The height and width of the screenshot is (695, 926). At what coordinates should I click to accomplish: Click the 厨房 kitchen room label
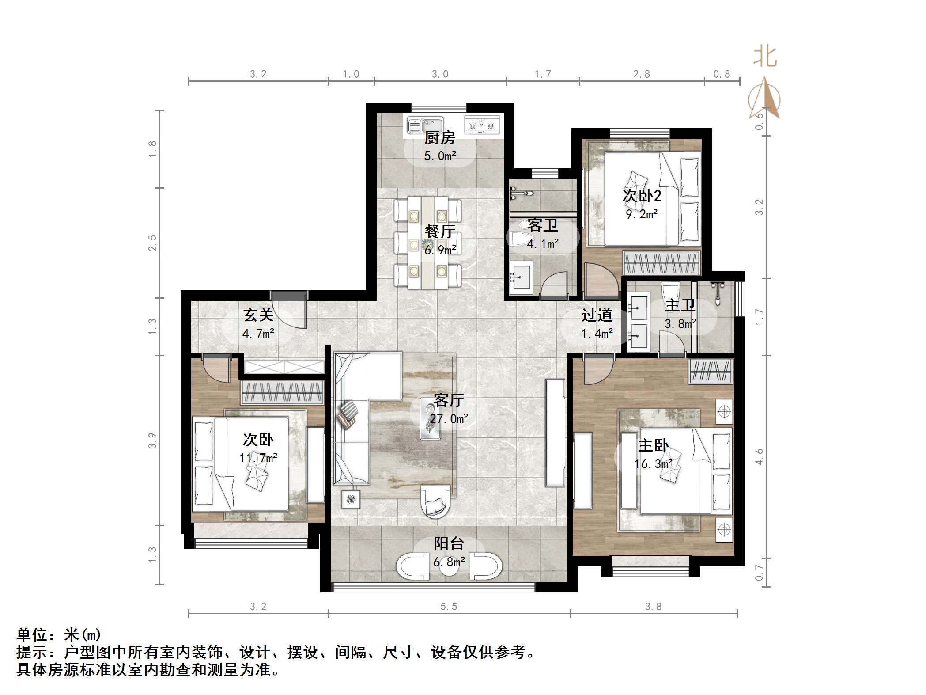439,138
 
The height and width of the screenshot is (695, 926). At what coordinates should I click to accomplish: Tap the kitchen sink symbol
424,125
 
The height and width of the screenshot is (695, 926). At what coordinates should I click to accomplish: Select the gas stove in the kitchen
482,125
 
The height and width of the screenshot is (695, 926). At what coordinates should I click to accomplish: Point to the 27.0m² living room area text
449,418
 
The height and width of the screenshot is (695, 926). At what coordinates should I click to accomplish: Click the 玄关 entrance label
258,315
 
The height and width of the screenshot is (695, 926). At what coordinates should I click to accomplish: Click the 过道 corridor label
597,315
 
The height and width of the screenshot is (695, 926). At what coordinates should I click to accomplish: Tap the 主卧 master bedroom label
653,445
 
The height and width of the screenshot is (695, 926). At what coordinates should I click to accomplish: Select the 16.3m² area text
653,463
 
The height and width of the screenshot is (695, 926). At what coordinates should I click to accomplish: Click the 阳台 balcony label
449,543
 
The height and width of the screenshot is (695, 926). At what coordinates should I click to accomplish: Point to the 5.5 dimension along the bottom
449,607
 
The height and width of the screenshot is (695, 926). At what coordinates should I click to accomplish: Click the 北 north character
765,57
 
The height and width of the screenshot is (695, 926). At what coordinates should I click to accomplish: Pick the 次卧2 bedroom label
642,196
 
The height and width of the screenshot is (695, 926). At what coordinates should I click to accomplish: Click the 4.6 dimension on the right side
759,456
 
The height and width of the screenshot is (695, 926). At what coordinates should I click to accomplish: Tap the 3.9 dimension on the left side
152,441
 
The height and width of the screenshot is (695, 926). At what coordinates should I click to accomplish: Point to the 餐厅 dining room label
439,231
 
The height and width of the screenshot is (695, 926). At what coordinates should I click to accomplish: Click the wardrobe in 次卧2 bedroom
661,263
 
